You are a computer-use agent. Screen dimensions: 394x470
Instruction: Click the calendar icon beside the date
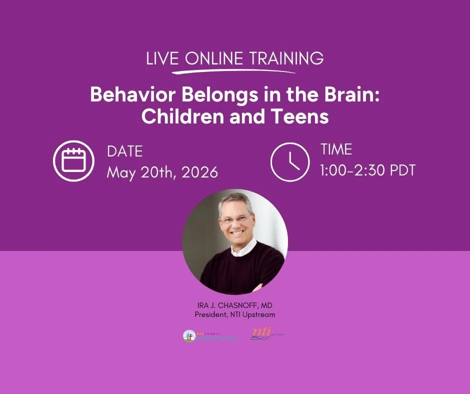point(74,160)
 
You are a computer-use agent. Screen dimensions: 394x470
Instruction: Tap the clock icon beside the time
point(290,160)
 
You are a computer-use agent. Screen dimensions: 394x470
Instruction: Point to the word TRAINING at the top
point(287,58)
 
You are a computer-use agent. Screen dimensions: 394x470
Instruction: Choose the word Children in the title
point(182,116)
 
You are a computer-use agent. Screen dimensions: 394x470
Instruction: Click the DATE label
point(125,151)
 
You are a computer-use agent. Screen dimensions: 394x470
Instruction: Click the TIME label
point(336,149)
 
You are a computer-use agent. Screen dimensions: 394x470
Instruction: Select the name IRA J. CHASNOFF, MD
point(234,305)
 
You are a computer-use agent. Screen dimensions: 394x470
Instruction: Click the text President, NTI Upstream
point(234,314)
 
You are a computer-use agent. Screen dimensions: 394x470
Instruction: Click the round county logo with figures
point(189,336)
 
